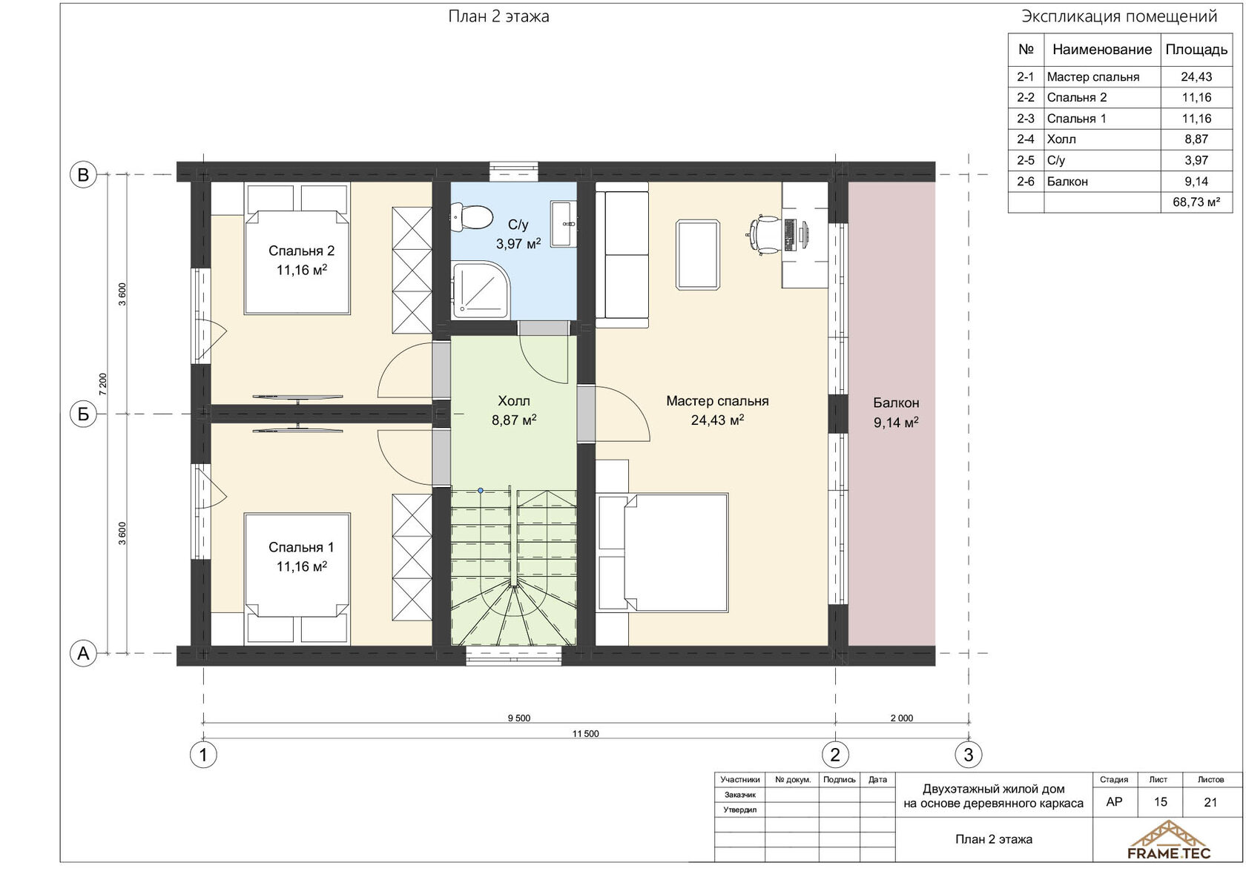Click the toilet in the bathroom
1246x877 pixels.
tap(471, 217)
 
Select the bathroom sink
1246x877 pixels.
tap(564, 224)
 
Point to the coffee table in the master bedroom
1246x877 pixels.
tap(698, 255)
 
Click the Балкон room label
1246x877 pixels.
tap(896, 403)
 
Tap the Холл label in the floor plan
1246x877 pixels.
tap(513, 401)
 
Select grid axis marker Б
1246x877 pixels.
tap(83, 414)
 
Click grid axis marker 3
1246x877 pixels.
tap(969, 755)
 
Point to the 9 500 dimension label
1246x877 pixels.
tap(519, 718)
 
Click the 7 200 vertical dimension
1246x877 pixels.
tap(102, 384)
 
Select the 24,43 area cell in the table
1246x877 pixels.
tap(1196, 77)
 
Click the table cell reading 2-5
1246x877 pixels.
tap(1026, 160)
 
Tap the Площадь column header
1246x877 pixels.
tap(1196, 50)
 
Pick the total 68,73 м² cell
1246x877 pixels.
tap(1196, 202)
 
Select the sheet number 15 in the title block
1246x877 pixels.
tap(1160, 802)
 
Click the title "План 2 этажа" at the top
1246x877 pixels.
tap(498, 17)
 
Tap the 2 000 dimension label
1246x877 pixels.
tap(902, 718)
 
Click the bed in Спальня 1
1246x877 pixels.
tap(297, 565)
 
